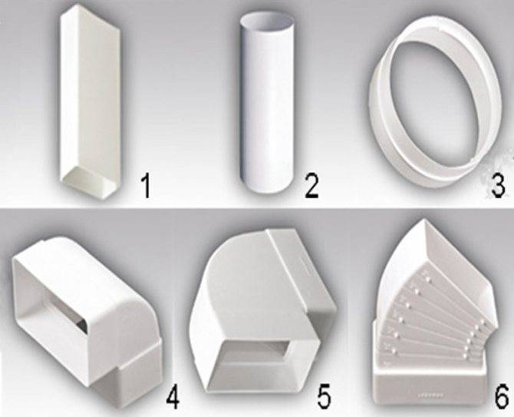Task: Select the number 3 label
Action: click(498, 186)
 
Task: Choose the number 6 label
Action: click(502, 396)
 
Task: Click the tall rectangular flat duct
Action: click(90, 101)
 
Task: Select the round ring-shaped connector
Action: click(436, 106)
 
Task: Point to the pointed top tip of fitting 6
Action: click(426, 220)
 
